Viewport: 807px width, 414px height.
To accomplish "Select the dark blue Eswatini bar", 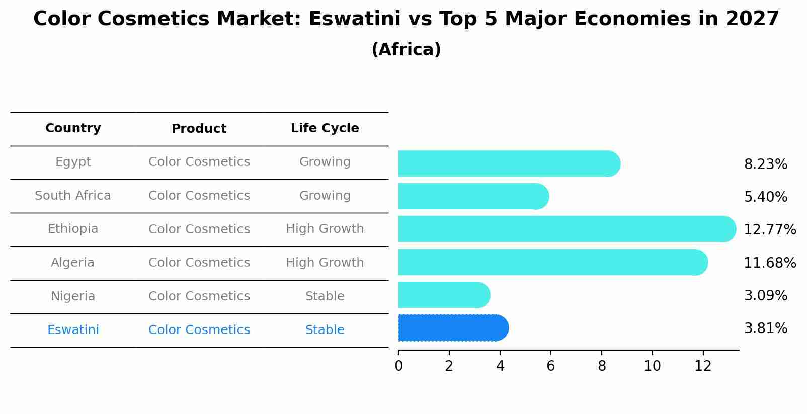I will pyautogui.click(x=453, y=328).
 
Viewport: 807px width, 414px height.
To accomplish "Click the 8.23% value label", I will pyautogui.click(x=765, y=164).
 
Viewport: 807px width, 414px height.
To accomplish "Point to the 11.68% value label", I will pyautogui.click(x=769, y=263).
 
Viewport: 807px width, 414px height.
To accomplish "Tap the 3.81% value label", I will pyautogui.click(x=765, y=328).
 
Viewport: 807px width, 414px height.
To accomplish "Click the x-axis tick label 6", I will pyautogui.click(x=551, y=366).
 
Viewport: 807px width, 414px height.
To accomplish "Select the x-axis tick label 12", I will pyautogui.click(x=703, y=366).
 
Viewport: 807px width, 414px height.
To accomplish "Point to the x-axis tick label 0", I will pyautogui.click(x=398, y=366).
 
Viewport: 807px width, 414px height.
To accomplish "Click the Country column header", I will pyautogui.click(x=73, y=128).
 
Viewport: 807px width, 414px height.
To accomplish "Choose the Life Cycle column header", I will pyautogui.click(x=325, y=128).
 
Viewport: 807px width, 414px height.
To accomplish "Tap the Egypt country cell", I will pyautogui.click(x=73, y=162).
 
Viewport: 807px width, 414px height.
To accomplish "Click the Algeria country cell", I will pyautogui.click(x=73, y=263).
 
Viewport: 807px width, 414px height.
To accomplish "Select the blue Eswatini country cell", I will pyautogui.click(x=73, y=330).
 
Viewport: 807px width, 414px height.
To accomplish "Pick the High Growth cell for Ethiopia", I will pyautogui.click(x=325, y=229).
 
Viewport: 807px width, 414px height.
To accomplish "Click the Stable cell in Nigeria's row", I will pyautogui.click(x=325, y=296).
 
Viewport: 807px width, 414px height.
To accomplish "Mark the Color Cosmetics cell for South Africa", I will pyautogui.click(x=199, y=196).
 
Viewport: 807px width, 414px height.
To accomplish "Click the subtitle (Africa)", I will pyautogui.click(x=406, y=50).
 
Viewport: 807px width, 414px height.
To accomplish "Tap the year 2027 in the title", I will pyautogui.click(x=752, y=19).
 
